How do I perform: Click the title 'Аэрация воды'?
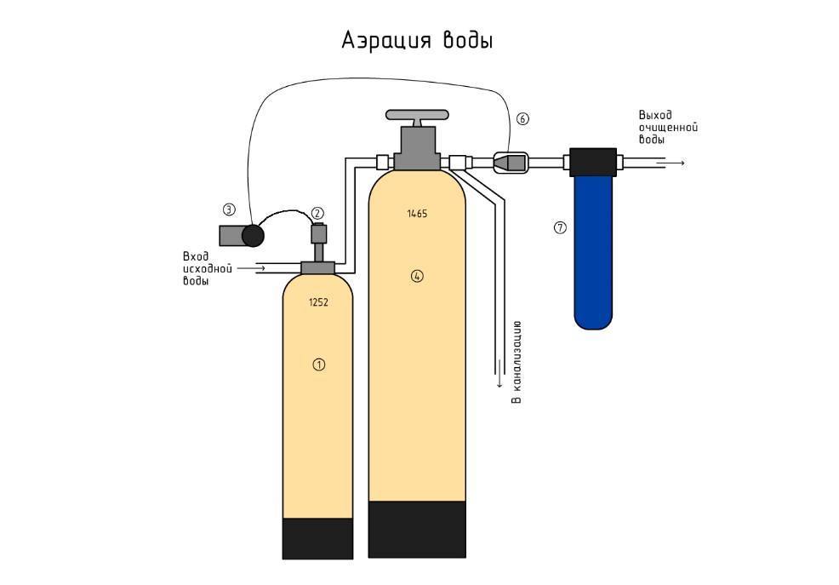coord(417,41)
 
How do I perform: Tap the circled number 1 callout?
coord(318,364)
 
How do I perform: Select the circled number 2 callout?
coord(317,213)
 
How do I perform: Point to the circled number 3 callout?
coord(229,209)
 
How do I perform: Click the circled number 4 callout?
coord(417,276)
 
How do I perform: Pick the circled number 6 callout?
coord(522,118)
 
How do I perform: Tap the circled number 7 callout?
coord(560,227)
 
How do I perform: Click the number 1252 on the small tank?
coord(318,302)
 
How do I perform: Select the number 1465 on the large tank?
coord(417,214)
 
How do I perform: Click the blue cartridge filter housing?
coord(593,252)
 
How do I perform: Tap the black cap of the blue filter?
coord(593,162)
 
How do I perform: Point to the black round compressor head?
coord(253,236)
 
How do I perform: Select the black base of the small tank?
coord(318,538)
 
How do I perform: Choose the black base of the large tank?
coord(417,530)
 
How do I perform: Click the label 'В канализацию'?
coord(517,363)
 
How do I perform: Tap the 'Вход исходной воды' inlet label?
coord(207,269)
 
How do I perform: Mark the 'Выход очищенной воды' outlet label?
coord(668,128)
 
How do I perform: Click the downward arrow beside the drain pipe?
coord(499,373)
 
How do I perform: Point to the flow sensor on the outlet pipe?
coord(511,162)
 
